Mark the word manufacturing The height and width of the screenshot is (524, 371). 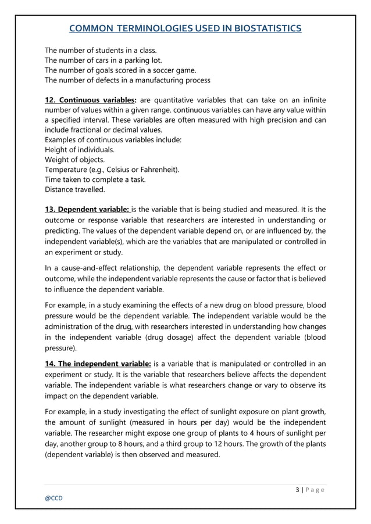point(154,80)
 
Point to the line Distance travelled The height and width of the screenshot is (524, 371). point(75,189)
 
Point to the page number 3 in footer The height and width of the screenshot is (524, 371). point(298,490)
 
